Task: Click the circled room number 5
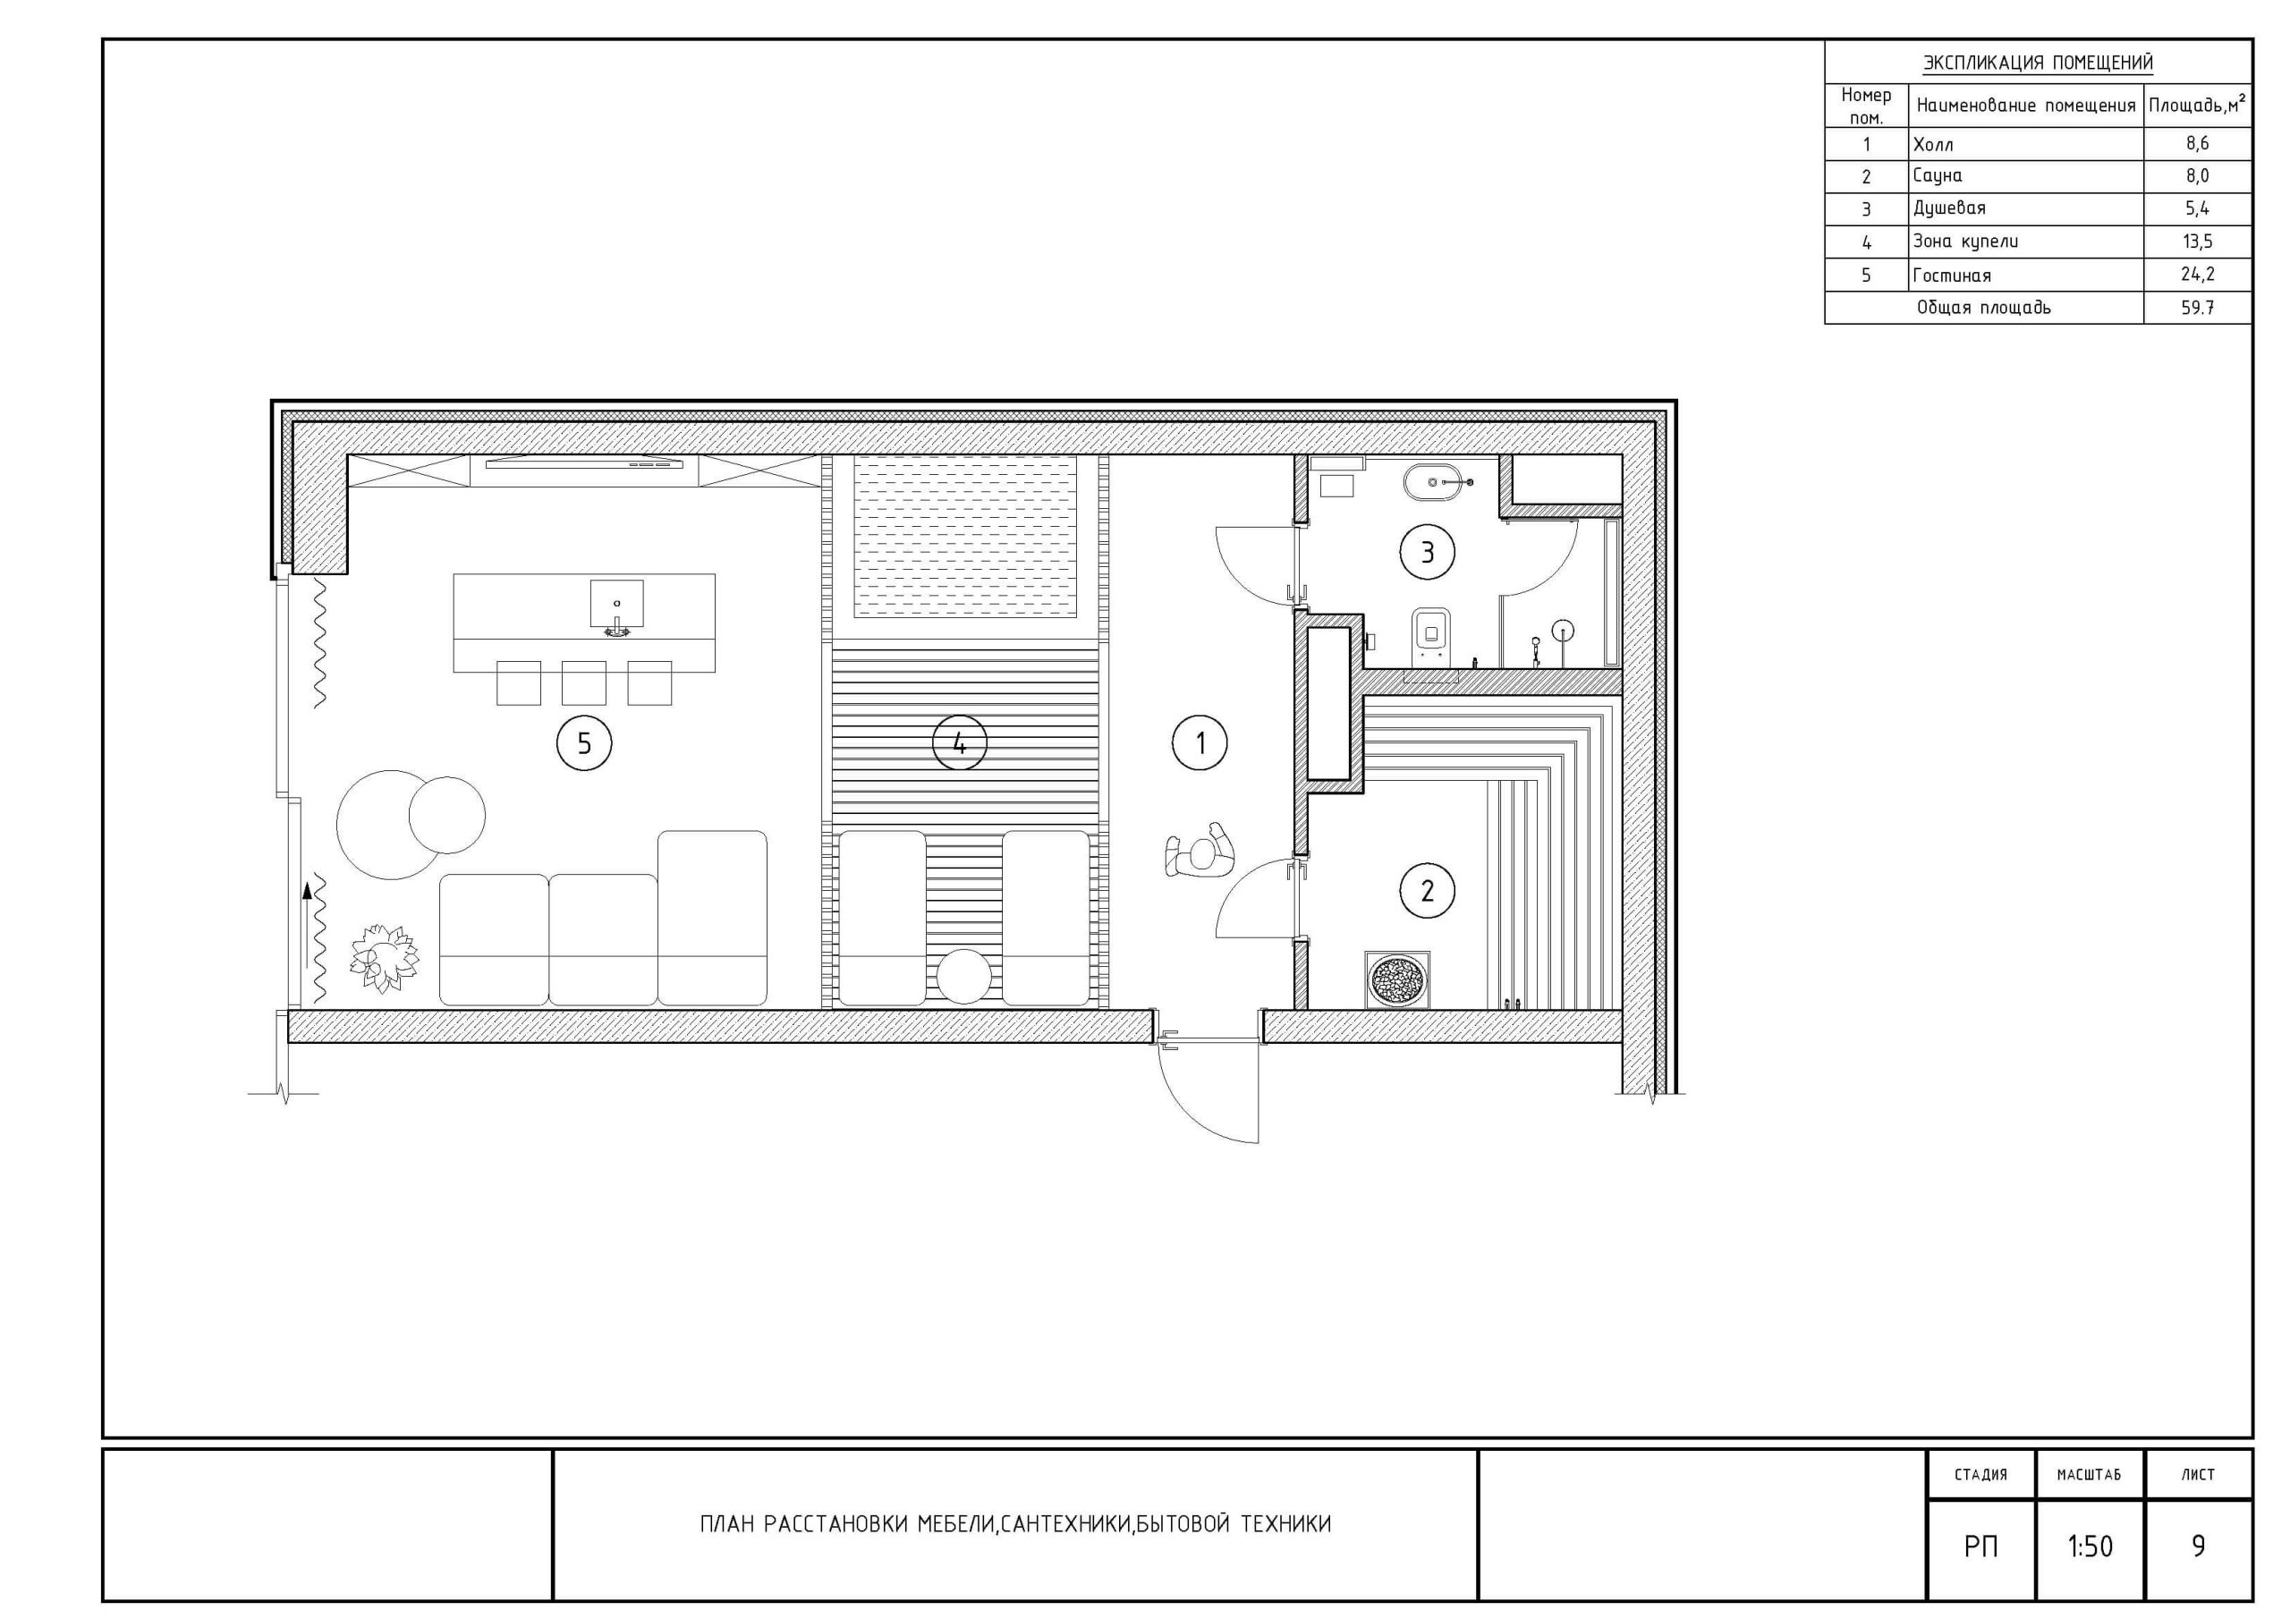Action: point(584,743)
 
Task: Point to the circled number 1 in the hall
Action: point(1200,743)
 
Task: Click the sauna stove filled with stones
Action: point(1397,979)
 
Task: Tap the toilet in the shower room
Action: point(1433,637)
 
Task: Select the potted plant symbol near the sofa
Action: point(383,958)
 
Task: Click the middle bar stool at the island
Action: point(583,683)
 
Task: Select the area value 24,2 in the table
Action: point(2197,275)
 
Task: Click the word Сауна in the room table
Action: point(1938,175)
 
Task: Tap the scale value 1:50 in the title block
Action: point(2090,1547)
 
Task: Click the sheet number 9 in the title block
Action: point(2198,1547)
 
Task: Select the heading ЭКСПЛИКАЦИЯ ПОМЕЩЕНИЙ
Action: point(2038,63)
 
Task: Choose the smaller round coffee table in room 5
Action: point(447,815)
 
